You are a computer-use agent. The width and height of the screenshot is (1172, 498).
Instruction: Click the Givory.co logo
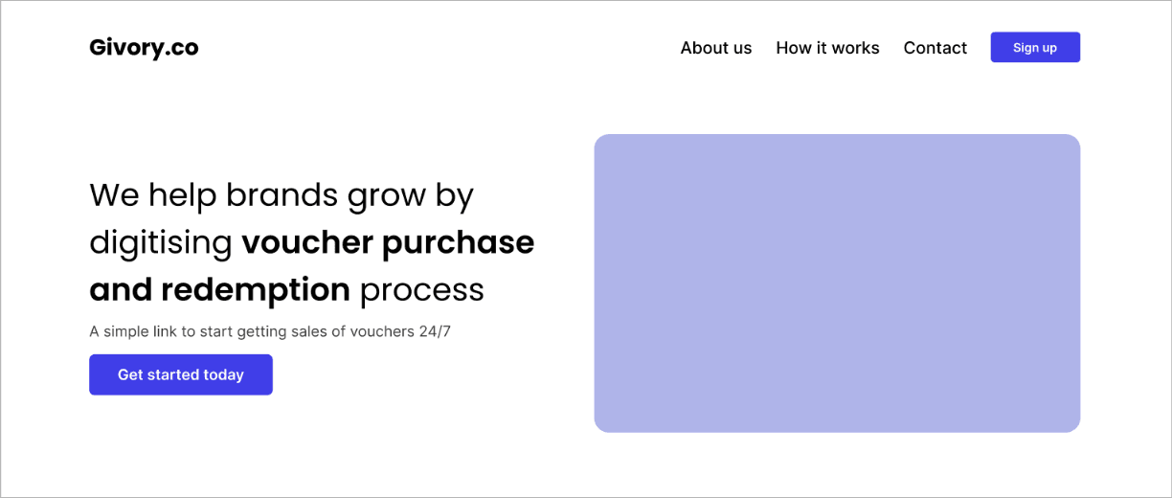coord(144,48)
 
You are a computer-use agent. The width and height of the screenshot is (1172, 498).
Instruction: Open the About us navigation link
coord(716,48)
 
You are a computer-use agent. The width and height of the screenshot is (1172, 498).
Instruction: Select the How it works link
coord(827,48)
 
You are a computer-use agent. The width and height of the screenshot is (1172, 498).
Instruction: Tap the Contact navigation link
coord(935,48)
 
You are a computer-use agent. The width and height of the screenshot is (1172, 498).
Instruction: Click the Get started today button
coord(181,374)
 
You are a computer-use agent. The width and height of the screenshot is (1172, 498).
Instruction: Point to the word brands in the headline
coord(282,195)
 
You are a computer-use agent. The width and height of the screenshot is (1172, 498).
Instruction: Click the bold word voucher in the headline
coord(307,242)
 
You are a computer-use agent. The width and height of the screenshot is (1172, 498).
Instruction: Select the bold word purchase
coord(459,243)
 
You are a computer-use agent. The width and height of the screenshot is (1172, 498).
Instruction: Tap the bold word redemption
coord(256,290)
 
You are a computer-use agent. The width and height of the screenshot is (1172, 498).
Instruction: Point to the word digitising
coord(161,243)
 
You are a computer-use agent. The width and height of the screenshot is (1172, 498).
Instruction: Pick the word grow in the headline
coord(387,196)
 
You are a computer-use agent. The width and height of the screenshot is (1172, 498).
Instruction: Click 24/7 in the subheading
coord(435,331)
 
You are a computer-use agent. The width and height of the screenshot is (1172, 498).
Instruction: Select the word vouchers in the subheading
coord(382,331)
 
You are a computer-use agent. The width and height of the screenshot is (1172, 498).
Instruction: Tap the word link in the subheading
coord(165,331)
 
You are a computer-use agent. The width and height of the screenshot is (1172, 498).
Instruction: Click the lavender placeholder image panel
coord(837,283)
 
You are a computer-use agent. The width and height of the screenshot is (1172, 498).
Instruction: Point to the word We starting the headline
coord(115,195)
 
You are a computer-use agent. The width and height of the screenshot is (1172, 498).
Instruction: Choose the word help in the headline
coord(183,196)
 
